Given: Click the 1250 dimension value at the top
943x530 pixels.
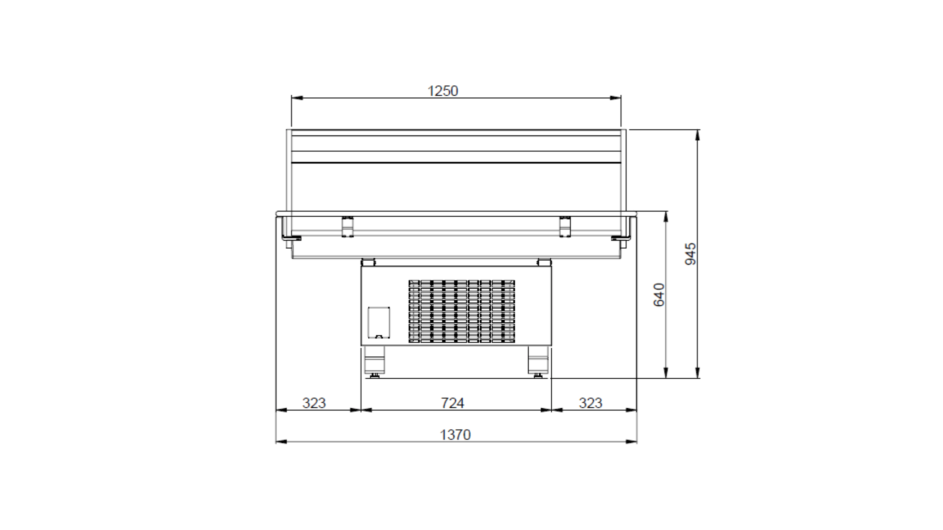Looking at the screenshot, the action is (443, 91).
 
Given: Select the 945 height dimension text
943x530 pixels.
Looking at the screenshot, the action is (691, 254).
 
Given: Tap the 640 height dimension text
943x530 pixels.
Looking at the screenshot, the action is (659, 295).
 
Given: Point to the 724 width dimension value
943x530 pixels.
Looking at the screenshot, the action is (453, 403).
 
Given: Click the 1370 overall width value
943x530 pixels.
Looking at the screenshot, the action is (455, 435).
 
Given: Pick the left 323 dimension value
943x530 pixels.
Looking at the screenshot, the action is (314, 403).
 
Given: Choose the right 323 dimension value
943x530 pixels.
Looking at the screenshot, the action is (591, 403).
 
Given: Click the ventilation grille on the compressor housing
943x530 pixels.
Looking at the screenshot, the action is (462, 311).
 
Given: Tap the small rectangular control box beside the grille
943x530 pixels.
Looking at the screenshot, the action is (379, 322).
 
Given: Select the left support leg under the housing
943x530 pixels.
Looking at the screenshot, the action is (374, 359).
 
